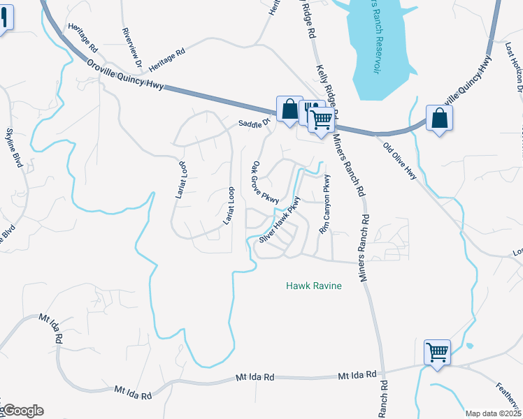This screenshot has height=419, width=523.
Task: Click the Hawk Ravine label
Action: (314, 286)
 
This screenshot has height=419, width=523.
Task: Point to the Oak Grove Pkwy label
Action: (265, 184)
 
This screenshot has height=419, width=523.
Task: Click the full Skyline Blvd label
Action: (16, 148)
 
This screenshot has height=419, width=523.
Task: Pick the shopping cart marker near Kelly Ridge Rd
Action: (322, 120)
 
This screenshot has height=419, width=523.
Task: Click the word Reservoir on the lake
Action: (376, 59)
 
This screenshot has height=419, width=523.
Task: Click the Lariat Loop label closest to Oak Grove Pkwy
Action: (227, 205)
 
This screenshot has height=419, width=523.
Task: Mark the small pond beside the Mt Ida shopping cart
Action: (468, 346)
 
